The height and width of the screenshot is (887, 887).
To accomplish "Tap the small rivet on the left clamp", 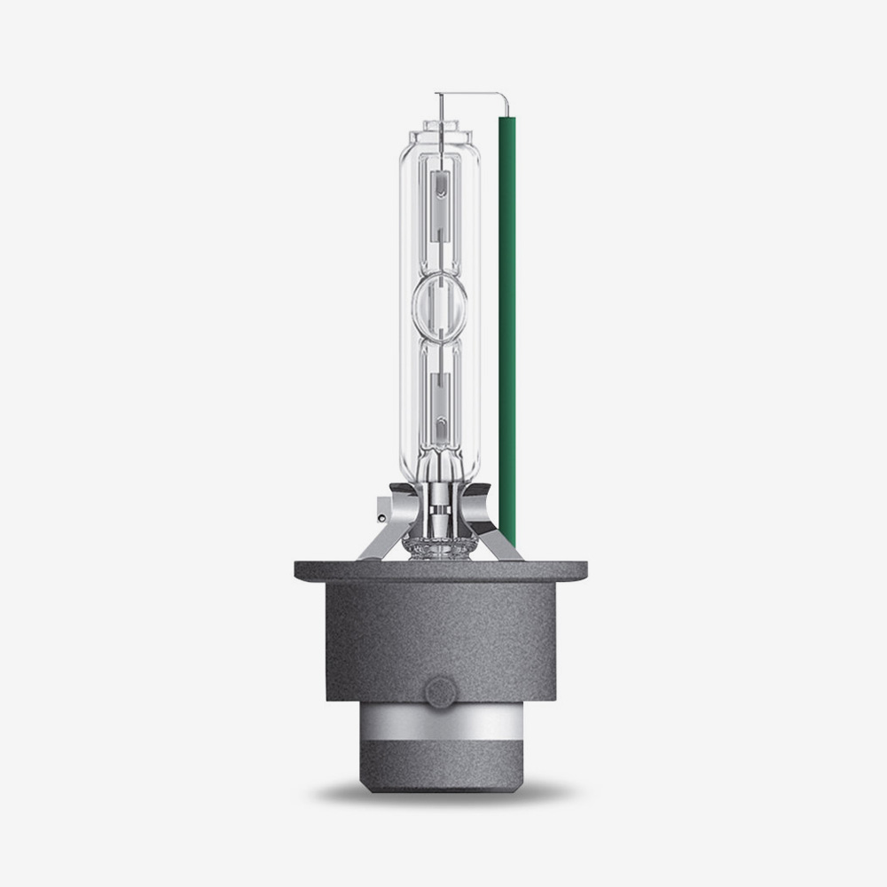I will tap(381, 513).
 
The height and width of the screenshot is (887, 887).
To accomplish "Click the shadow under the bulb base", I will tap(440, 792).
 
